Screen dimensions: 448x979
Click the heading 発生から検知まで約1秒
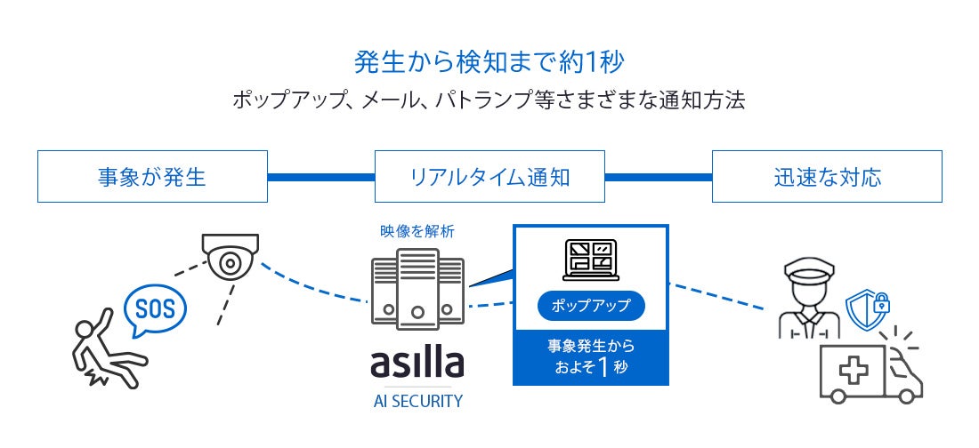(x=489, y=60)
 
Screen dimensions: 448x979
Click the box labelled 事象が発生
(x=151, y=176)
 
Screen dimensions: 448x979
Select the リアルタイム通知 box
(x=489, y=176)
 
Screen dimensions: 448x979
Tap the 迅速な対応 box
(x=827, y=176)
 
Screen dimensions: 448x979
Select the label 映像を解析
(x=417, y=231)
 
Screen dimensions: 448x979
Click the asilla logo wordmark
(x=417, y=363)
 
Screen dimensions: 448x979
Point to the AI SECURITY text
(x=417, y=401)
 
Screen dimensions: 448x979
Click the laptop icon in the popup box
(x=591, y=258)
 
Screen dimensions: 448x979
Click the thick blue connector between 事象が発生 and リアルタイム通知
(x=320, y=176)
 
